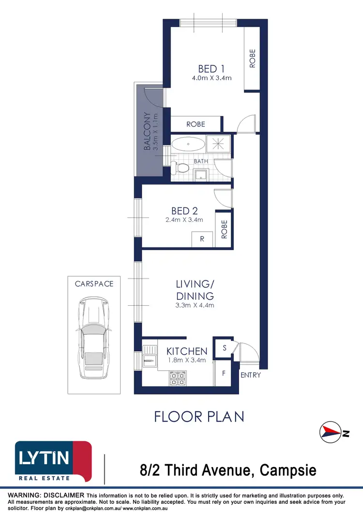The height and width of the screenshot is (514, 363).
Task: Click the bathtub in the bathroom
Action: tap(188, 144)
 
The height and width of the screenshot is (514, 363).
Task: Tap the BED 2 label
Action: tap(184, 211)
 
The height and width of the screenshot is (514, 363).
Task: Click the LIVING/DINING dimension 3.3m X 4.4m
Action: tap(195, 305)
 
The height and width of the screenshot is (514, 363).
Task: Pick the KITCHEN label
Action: tap(187, 351)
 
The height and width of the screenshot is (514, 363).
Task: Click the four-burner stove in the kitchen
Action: tap(177, 378)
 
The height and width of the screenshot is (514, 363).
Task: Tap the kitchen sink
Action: tap(150, 359)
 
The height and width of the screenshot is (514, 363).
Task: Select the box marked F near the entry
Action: tap(223, 374)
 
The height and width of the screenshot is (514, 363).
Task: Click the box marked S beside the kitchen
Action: tap(225, 348)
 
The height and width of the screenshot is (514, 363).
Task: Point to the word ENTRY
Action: tap(251, 375)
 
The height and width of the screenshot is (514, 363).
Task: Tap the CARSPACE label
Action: tap(94, 284)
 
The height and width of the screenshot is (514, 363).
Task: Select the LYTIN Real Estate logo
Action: tap(53, 461)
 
